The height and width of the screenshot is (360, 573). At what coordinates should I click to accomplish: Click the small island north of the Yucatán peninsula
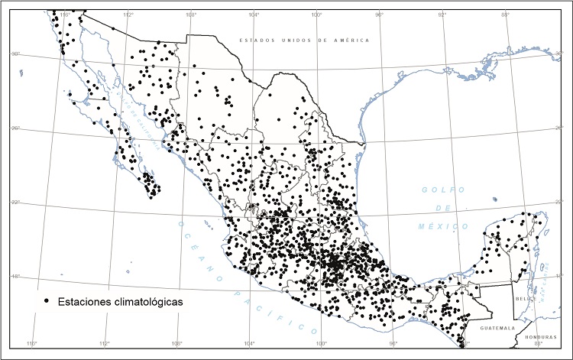click(x=495, y=200)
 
